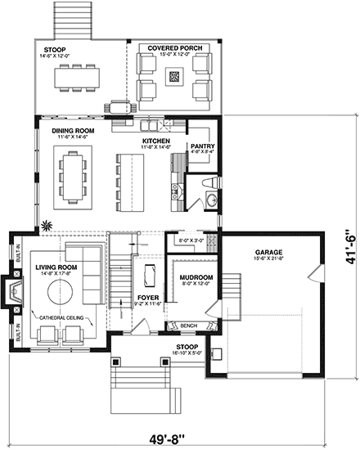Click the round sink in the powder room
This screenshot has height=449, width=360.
pos(212,199)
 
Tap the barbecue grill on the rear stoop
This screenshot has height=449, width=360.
pos(121,106)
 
